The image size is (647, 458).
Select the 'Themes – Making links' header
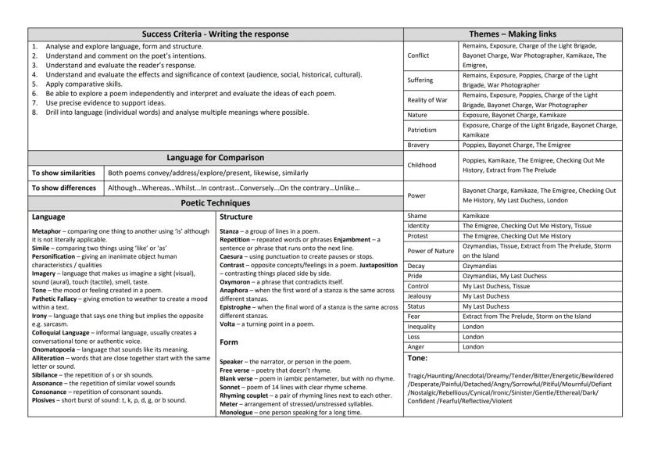pos(523,34)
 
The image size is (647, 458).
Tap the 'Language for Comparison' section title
pos(216,158)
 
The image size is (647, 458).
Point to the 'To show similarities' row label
pos(63,173)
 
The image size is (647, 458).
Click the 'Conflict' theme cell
pos(419,55)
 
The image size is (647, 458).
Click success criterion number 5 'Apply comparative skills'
pos(86,82)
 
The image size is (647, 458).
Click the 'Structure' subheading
pos(237,216)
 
